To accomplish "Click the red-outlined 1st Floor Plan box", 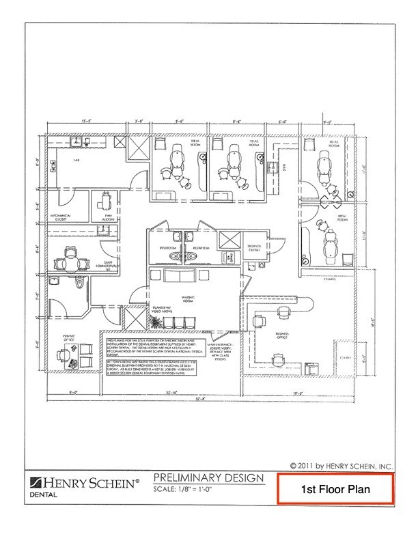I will [335, 490].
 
